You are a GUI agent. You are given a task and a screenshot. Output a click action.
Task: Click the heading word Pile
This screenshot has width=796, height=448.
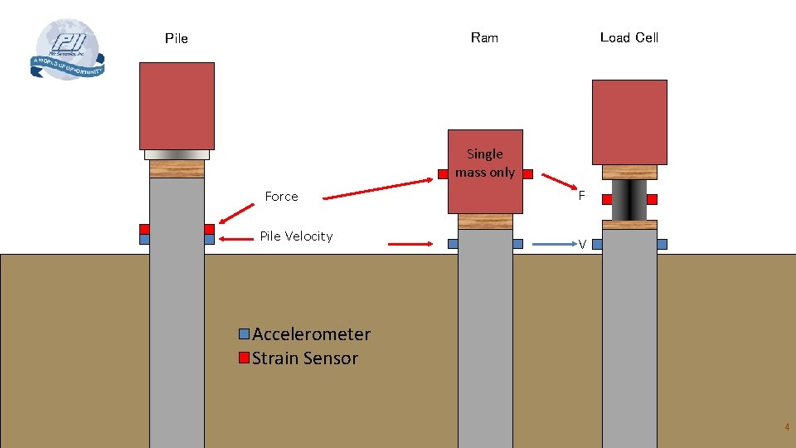coord(177,38)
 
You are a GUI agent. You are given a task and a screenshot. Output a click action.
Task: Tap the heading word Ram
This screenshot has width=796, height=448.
coord(484,37)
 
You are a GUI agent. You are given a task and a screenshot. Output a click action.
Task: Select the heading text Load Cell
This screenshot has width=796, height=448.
coord(629,37)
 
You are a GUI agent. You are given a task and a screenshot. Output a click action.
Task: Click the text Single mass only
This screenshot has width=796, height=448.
coord(485,163)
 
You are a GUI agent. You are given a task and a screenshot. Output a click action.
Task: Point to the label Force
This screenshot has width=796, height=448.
coord(281,197)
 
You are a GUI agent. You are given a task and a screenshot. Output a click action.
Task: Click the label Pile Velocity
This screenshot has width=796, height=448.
coord(296,236)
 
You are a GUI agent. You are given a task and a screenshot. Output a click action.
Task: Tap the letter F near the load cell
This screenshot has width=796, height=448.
coord(582,197)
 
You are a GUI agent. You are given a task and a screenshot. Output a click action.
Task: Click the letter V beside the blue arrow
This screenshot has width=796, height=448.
coord(582,245)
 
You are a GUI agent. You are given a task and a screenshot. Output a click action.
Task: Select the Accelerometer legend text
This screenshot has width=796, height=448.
coord(311,334)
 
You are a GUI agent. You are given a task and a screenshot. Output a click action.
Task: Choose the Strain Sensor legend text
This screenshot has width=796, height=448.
coord(304,358)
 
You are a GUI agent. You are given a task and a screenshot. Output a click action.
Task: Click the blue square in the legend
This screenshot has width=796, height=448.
coord(244,334)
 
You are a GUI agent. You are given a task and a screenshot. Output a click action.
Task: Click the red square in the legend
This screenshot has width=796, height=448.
coord(244,358)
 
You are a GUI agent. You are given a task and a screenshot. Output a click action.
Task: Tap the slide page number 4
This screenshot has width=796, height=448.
coord(787,427)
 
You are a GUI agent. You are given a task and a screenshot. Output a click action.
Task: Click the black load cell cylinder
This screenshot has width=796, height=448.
coord(629,200)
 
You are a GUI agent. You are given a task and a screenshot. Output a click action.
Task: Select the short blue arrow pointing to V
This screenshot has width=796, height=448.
coord(555,245)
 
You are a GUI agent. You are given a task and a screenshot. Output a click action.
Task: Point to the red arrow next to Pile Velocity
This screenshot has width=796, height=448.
coord(410,244)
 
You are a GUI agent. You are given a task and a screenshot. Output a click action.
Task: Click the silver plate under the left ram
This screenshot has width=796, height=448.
coord(177,154)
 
